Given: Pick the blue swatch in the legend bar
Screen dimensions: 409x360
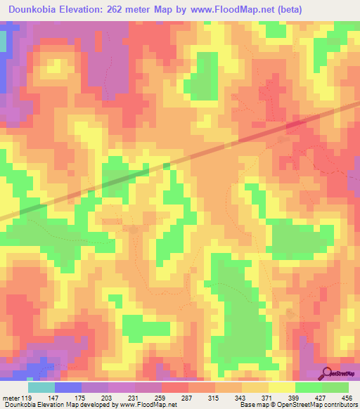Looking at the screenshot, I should click(x=67, y=387).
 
